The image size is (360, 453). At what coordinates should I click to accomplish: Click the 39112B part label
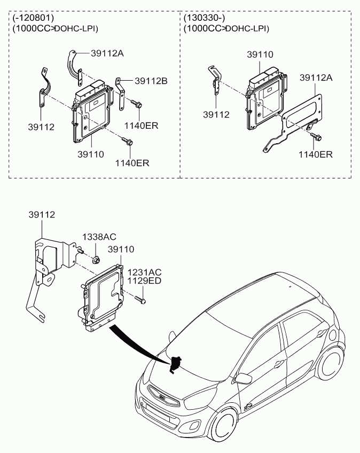[x=151, y=81]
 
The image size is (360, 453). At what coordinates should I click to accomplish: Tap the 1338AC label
[x=99, y=237]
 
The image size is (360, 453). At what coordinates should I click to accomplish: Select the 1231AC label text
[x=144, y=272]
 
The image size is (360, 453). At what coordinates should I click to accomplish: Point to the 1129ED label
[x=144, y=280]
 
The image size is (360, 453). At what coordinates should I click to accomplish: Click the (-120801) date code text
[x=33, y=18]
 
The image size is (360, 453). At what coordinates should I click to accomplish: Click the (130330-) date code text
[x=204, y=18]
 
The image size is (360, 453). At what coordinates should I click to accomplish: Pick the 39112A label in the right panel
[x=316, y=77]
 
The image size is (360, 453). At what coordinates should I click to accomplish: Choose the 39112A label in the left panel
[x=107, y=53]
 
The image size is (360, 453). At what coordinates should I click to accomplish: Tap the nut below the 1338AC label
[x=96, y=260]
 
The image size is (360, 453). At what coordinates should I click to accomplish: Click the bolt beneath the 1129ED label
[x=140, y=300]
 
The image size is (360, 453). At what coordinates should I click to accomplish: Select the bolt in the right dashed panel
[x=316, y=137]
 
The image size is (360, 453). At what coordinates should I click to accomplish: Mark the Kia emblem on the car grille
[x=162, y=397]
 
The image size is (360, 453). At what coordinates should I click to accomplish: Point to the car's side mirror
[x=243, y=378]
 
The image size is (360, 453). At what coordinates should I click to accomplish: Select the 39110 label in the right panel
[x=260, y=54]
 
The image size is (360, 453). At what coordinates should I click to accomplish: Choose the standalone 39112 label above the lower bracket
[x=42, y=215]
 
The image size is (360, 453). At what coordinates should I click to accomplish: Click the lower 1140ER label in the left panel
[x=132, y=163]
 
